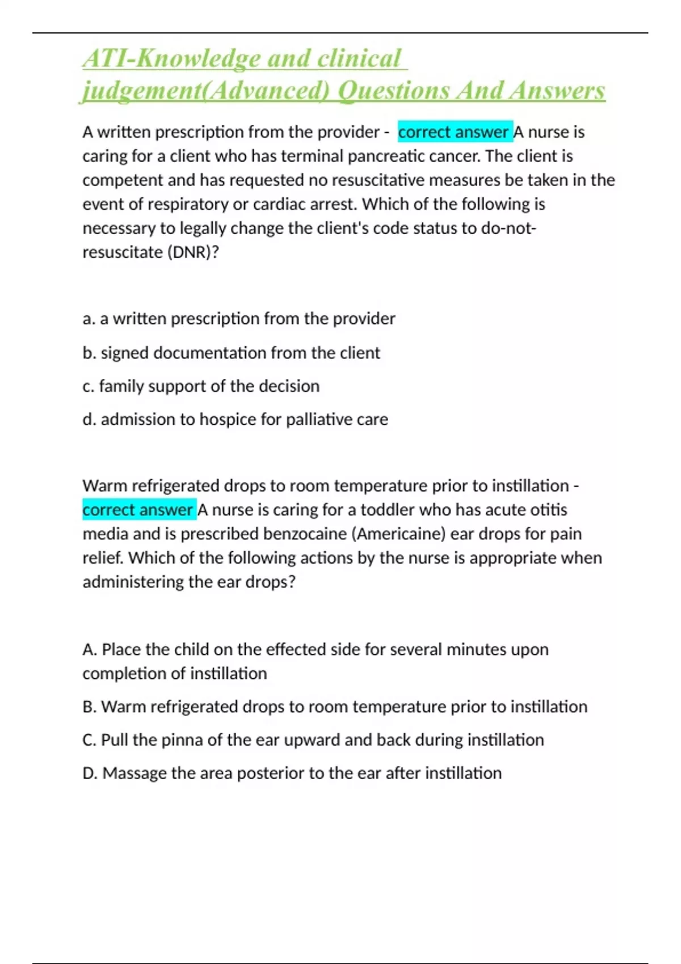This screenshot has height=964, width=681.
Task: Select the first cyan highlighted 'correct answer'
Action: pyautogui.click(x=455, y=132)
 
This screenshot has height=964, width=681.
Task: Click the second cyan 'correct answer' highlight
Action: pyautogui.click(x=138, y=510)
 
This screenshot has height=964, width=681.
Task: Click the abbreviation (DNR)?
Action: pyautogui.click(x=192, y=252)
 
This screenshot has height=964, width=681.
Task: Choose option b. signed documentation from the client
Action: pyautogui.click(x=231, y=353)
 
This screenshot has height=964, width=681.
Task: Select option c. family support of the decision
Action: pyautogui.click(x=201, y=386)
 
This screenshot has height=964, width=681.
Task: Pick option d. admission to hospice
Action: pyautogui.click(x=235, y=420)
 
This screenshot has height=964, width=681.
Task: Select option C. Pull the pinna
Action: pyautogui.click(x=313, y=740)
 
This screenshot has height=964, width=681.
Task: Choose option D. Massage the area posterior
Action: pyautogui.click(x=292, y=773)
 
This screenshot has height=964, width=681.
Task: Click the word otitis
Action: pyautogui.click(x=548, y=510)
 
